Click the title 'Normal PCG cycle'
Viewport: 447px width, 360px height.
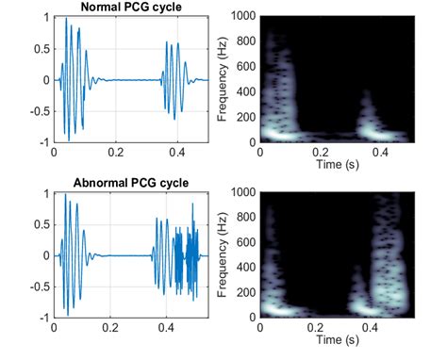point(130,8)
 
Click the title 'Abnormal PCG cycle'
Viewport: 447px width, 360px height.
point(130,182)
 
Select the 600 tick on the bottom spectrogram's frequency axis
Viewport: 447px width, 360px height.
point(248,242)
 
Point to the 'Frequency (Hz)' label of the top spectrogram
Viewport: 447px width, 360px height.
point(223,80)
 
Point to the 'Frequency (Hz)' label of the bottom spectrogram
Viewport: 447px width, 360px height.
point(223,255)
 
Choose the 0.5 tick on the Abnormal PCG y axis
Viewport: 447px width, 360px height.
point(41,223)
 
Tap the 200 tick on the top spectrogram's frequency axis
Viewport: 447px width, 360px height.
point(248,118)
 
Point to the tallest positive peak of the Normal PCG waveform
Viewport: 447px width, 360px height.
point(66,19)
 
